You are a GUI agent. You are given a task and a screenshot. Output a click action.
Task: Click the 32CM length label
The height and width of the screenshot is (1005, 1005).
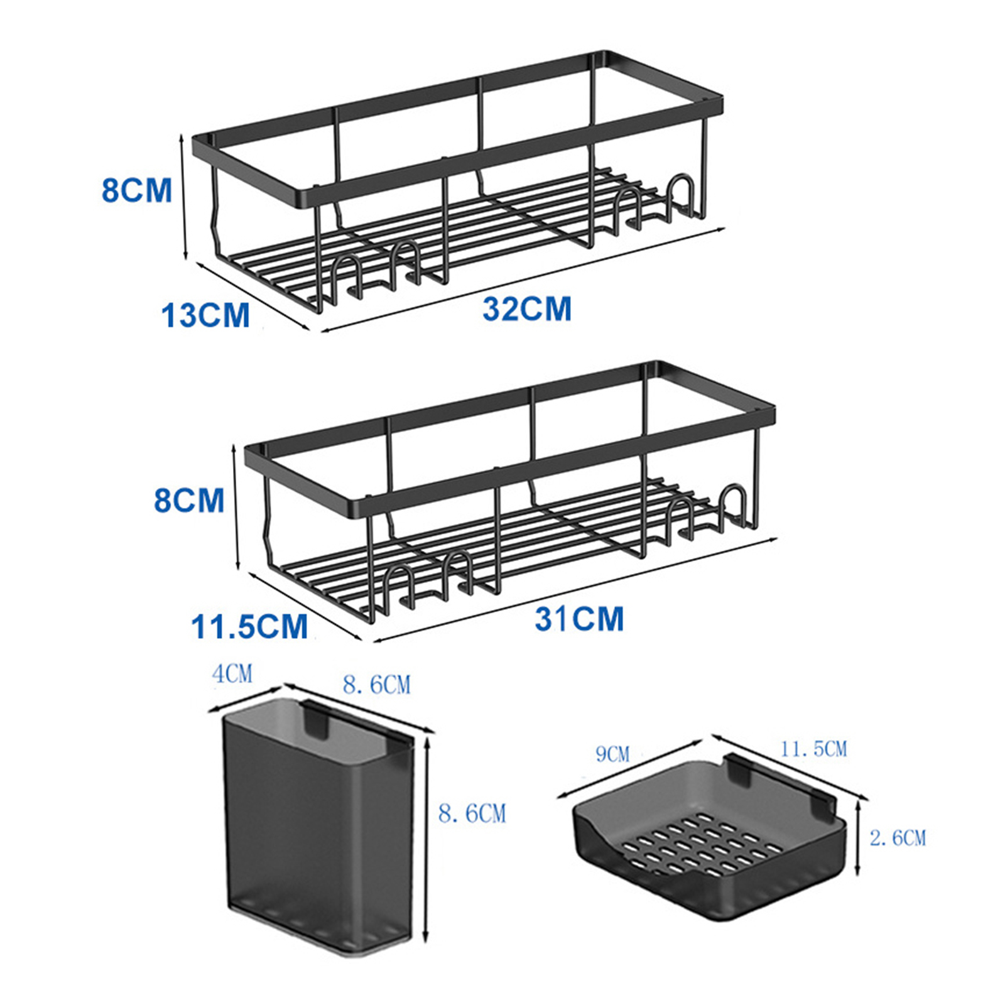click(x=527, y=309)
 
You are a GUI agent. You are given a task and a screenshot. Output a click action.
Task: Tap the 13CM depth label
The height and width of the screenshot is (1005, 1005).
click(x=206, y=315)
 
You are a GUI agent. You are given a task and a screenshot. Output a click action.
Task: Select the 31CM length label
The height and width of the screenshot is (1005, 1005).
click(x=579, y=619)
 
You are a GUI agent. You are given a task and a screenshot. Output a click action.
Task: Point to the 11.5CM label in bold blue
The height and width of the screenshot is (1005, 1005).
click(x=249, y=626)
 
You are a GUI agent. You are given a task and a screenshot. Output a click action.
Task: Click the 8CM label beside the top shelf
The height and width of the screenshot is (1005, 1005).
click(x=137, y=190)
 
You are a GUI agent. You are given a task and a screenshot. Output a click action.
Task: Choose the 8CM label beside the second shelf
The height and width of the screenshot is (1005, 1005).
click(x=189, y=500)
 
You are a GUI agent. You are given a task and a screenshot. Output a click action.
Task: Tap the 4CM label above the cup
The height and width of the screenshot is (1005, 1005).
click(x=232, y=674)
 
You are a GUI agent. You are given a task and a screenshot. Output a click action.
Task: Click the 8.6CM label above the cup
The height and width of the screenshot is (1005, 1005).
click(x=377, y=684)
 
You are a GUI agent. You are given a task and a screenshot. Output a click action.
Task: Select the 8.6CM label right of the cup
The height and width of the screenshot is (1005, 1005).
click(x=472, y=813)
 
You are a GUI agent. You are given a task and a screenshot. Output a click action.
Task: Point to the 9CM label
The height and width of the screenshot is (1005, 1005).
click(x=612, y=753)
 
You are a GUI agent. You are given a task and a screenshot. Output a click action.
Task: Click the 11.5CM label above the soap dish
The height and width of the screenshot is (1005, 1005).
click(x=813, y=749)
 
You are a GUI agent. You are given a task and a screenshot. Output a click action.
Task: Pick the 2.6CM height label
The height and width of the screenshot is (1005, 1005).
click(x=898, y=837)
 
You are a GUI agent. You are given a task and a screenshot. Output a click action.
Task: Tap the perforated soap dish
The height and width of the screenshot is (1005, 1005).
click(x=710, y=839)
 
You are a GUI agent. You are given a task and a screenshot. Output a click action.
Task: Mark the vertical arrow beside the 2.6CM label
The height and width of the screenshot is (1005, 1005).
click(x=858, y=839)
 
